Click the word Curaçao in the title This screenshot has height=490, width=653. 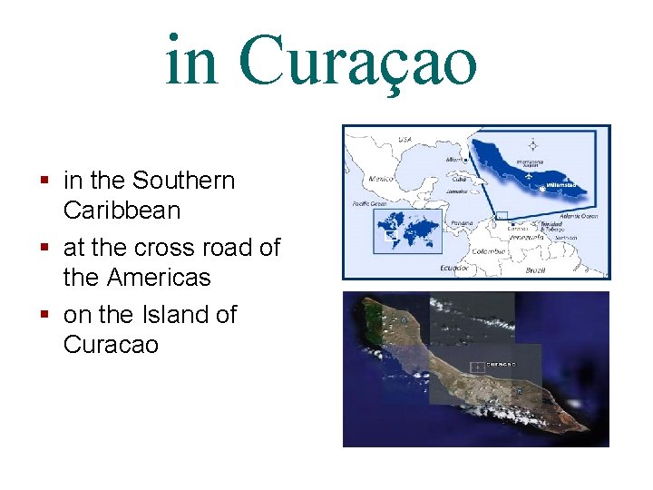[358, 61]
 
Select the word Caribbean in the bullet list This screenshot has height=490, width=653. [122, 211]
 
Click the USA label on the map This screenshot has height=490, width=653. [404, 141]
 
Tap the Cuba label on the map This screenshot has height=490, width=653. [459, 179]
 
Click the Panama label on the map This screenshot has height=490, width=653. [461, 222]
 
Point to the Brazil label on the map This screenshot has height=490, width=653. [536, 270]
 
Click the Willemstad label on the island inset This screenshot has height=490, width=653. [561, 185]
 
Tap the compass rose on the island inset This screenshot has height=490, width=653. [532, 144]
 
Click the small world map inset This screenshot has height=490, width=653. [406, 230]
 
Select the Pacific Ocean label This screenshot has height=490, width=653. [369, 204]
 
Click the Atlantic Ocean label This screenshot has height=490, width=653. [579, 216]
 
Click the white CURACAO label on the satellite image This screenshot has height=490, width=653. [501, 364]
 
